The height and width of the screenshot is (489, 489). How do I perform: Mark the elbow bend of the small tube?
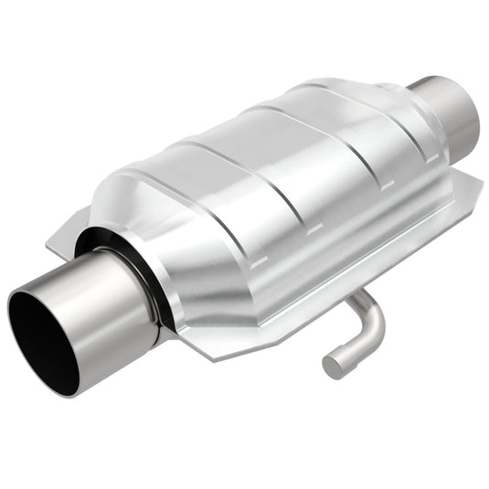coord(369,321)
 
